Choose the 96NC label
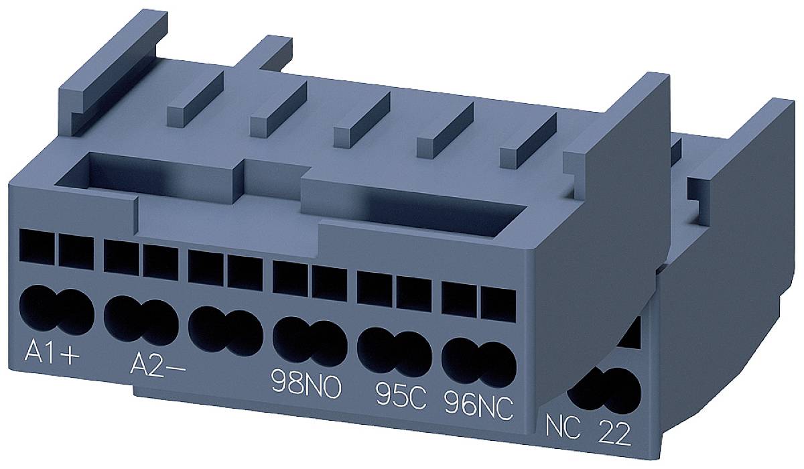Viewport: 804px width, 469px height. tap(478, 403)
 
